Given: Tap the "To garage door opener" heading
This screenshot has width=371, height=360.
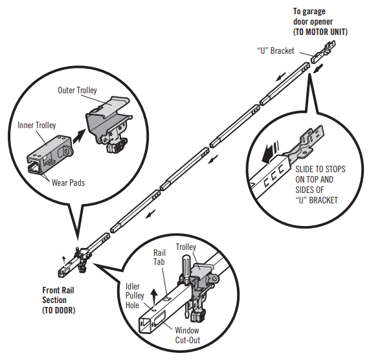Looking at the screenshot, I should tap(317, 16).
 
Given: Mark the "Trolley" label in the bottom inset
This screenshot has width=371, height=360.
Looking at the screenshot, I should tap(203, 246).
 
